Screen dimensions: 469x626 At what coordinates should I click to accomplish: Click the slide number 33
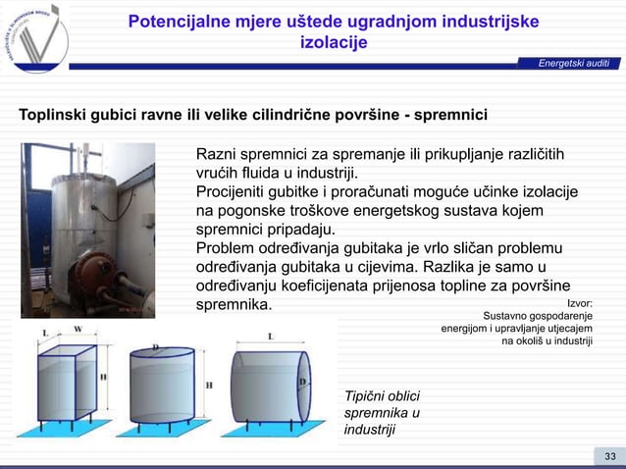609,456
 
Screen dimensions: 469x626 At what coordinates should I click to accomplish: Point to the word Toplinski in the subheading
57,114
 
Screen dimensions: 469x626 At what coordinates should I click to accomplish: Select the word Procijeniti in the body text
237,191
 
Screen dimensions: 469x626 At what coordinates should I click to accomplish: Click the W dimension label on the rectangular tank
78,330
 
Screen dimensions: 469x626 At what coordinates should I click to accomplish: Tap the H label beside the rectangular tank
103,376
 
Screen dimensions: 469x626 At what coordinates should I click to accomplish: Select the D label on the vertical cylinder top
155,347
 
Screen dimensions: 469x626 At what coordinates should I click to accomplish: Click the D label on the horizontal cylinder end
303,382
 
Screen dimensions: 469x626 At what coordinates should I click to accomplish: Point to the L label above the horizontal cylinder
270,336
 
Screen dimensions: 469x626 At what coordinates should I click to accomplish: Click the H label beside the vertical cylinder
208,386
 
